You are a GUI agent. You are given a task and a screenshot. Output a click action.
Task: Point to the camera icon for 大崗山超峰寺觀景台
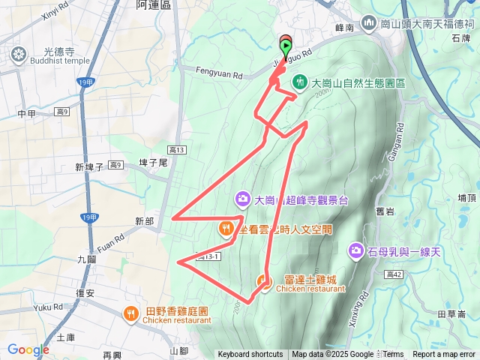tap(243, 199)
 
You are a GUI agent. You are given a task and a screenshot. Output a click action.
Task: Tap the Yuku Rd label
tap(48, 307)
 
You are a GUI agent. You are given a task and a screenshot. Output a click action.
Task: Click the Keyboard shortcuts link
tap(250, 355)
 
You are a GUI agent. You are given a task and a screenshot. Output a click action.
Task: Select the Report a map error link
tap(445, 355)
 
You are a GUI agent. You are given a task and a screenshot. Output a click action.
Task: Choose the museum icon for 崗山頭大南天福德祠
tap(369, 24)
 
